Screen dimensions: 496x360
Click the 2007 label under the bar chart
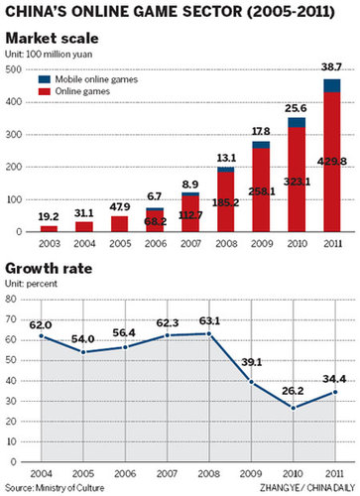click(x=135, y=243)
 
